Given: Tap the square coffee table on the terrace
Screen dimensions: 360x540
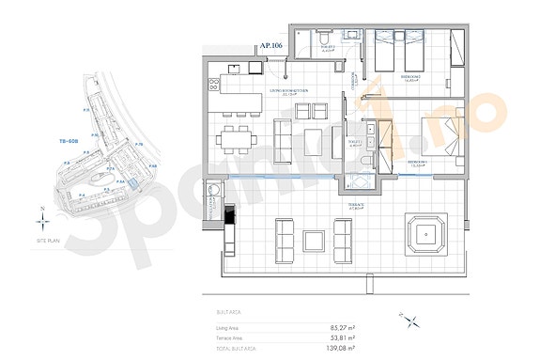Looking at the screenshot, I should coord(313,240).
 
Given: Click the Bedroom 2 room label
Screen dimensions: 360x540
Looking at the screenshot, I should coord(410,80).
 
